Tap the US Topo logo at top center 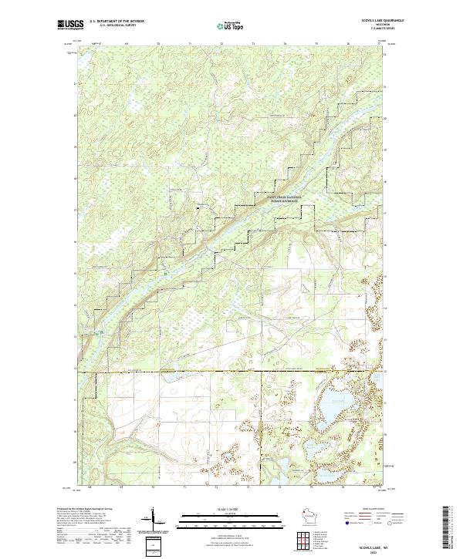click(231, 25)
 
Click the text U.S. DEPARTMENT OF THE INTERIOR click(117, 22)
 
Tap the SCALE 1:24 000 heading click(231, 510)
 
